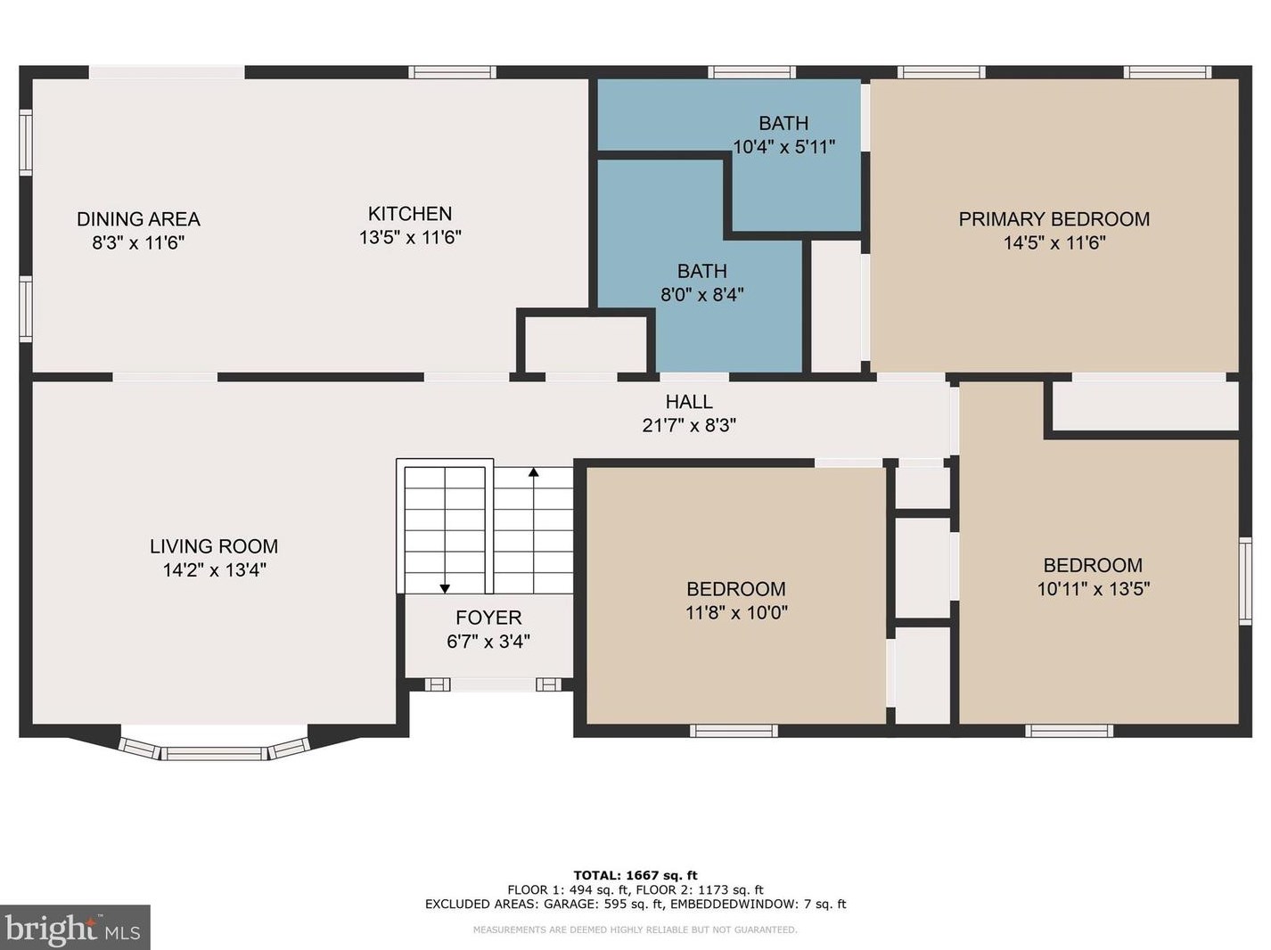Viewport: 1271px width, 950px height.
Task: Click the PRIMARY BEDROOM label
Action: [x=1054, y=219]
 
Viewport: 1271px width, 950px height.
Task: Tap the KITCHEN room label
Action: [x=410, y=214]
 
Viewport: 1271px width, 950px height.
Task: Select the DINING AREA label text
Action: [x=138, y=219]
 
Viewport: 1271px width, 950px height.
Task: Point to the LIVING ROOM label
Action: [x=214, y=546]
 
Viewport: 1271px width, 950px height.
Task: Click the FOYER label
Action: [x=488, y=617]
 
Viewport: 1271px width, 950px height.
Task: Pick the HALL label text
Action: [x=689, y=401]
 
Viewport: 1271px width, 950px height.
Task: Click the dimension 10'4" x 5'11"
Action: [x=784, y=146]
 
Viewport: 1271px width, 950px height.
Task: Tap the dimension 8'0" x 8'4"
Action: [x=701, y=295]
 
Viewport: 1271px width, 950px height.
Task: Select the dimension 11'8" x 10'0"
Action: [x=736, y=612]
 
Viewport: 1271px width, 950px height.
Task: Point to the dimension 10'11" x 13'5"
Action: [x=1094, y=589]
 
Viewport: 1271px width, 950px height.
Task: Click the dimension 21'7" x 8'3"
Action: [x=689, y=425]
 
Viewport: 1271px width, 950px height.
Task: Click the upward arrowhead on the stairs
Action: [x=533, y=472]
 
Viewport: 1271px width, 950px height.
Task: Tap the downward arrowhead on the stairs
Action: [x=445, y=589]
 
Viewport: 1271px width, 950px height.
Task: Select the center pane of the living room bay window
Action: [x=214, y=753]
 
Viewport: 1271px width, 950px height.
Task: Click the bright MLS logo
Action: [x=75, y=928]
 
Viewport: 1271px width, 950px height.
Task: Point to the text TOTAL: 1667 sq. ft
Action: [x=635, y=875]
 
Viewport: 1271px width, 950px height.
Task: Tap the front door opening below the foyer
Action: [x=493, y=684]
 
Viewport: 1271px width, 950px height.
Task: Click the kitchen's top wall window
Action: [x=452, y=72]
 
